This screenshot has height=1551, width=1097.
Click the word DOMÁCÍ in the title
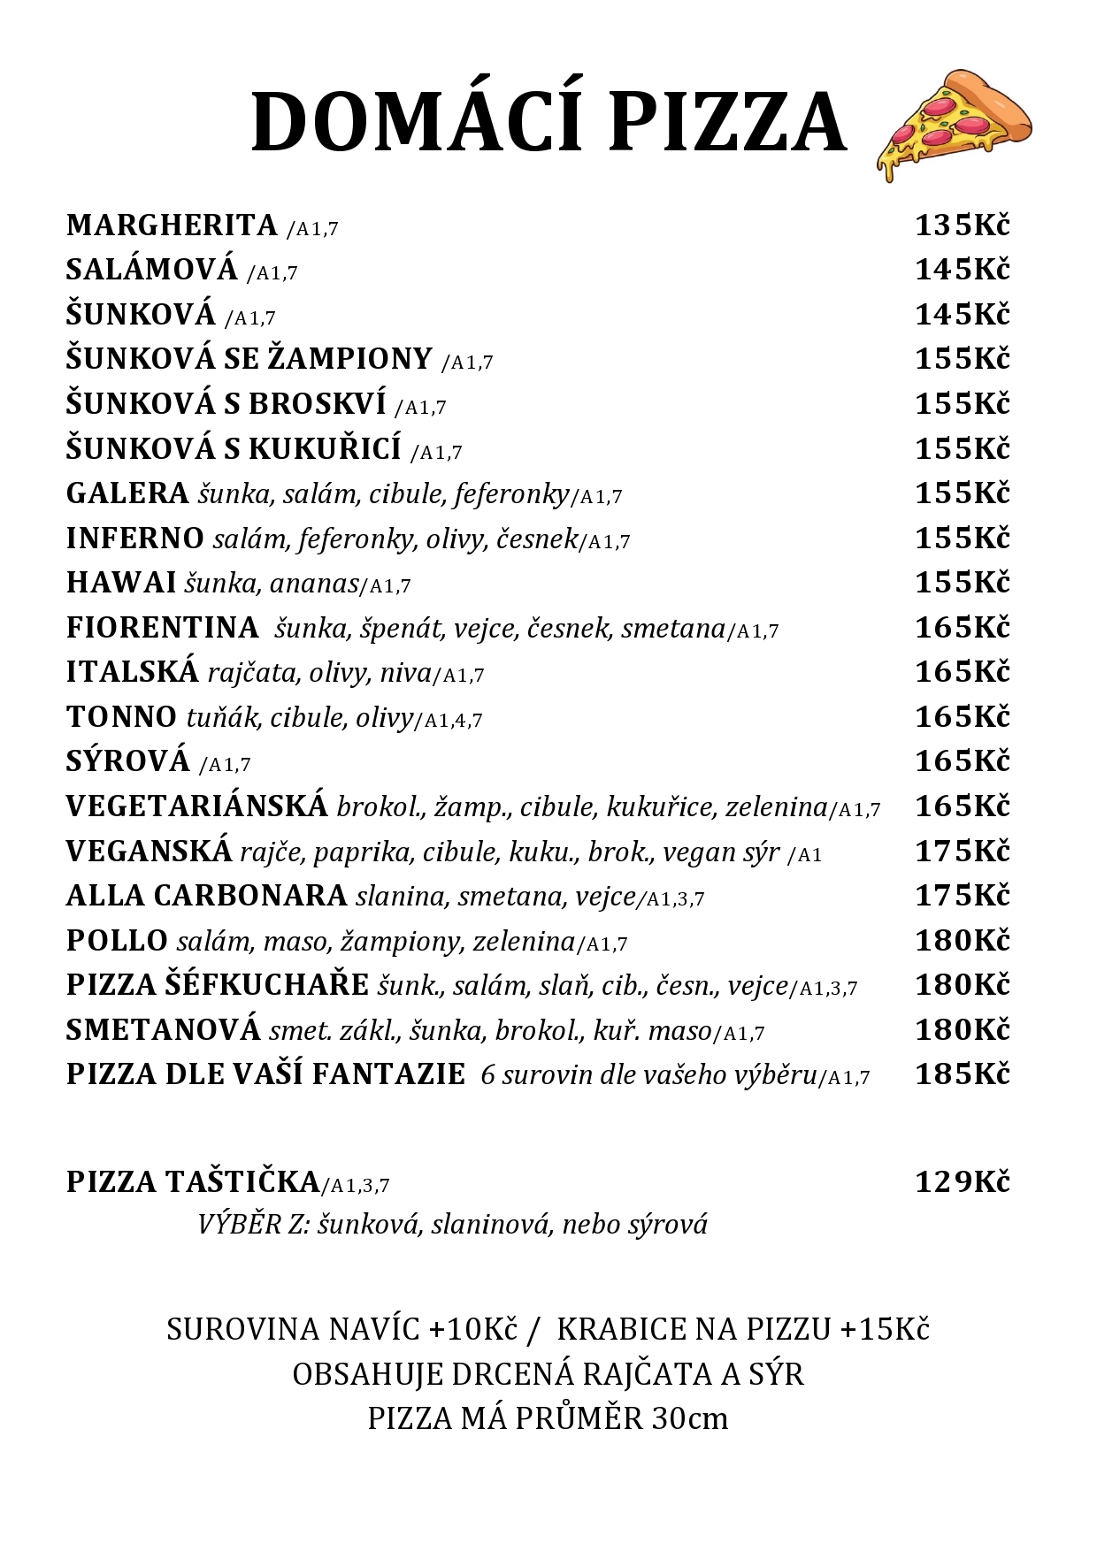tap(416, 123)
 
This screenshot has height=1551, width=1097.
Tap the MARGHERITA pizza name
tap(172, 225)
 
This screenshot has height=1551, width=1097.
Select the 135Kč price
tap(962, 225)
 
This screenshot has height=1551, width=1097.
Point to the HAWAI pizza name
tap(121, 583)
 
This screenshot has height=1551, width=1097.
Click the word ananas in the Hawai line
tap(314, 584)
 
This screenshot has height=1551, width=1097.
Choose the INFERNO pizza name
tap(134, 538)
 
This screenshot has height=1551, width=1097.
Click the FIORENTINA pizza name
tap(162, 628)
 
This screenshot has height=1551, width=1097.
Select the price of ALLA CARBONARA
tap(962, 896)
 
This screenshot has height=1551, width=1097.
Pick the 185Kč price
tap(962, 1074)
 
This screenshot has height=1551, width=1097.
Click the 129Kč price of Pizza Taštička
tap(962, 1181)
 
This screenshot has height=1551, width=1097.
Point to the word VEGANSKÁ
tap(149, 851)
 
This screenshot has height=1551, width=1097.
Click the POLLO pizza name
tap(117, 941)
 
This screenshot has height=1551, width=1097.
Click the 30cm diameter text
tap(689, 1418)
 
